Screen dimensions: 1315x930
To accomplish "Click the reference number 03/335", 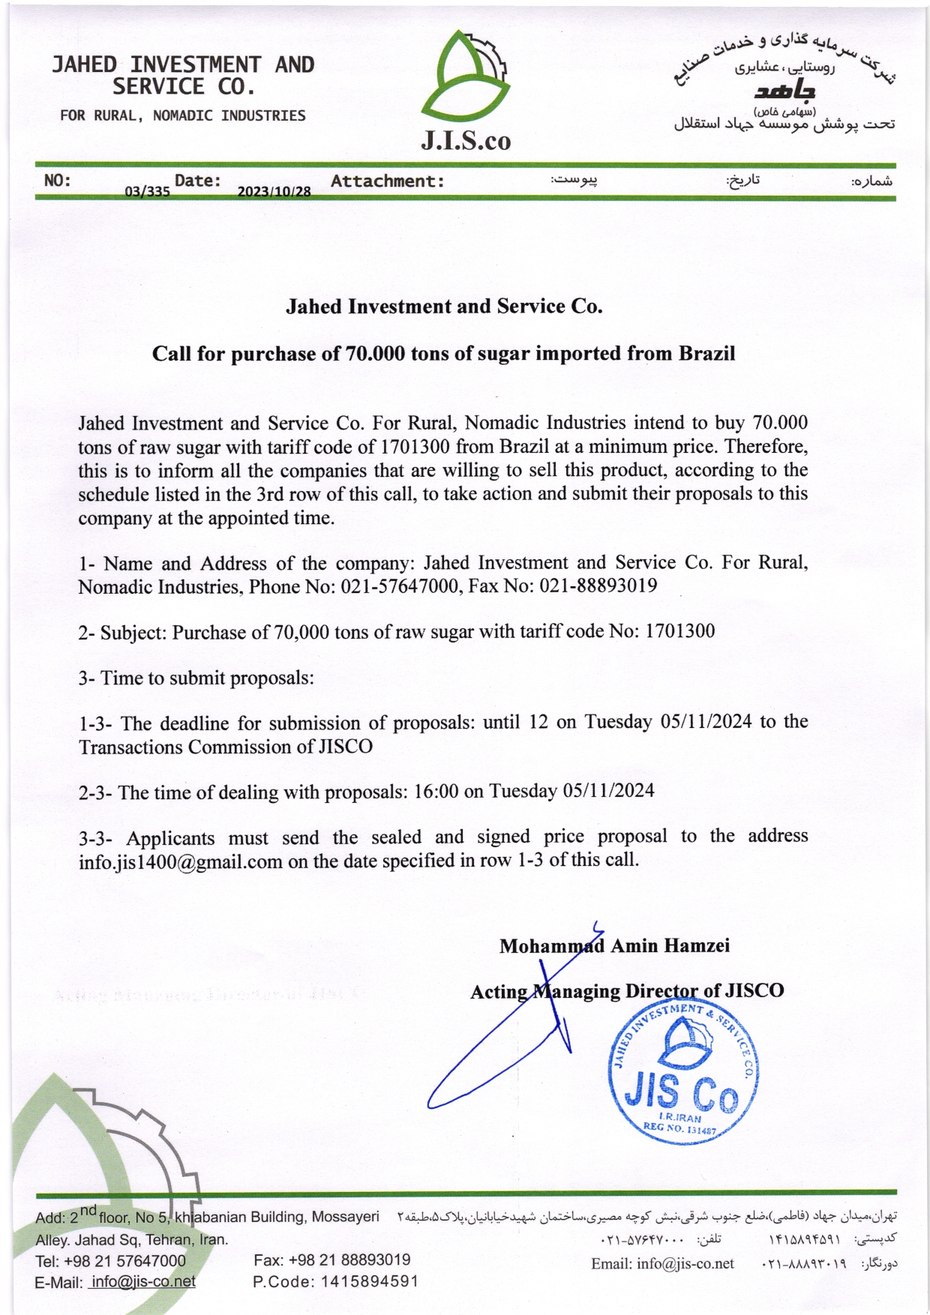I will (x=147, y=191).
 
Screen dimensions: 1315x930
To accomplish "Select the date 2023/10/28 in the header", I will (x=274, y=191).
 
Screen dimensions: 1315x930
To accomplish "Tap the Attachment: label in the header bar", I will (x=388, y=181).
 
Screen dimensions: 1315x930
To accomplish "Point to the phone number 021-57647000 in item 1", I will (x=400, y=586).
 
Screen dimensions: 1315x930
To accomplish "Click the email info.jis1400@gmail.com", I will (x=180, y=861).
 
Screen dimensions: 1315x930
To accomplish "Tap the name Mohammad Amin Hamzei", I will (x=614, y=945).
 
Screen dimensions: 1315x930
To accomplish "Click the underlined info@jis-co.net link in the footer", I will (x=142, y=1281).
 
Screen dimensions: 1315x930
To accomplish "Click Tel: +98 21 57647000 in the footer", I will (x=110, y=1261).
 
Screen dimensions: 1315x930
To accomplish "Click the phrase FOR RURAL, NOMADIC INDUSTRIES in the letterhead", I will (x=182, y=115).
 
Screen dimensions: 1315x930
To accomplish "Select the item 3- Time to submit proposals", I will (x=196, y=678).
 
